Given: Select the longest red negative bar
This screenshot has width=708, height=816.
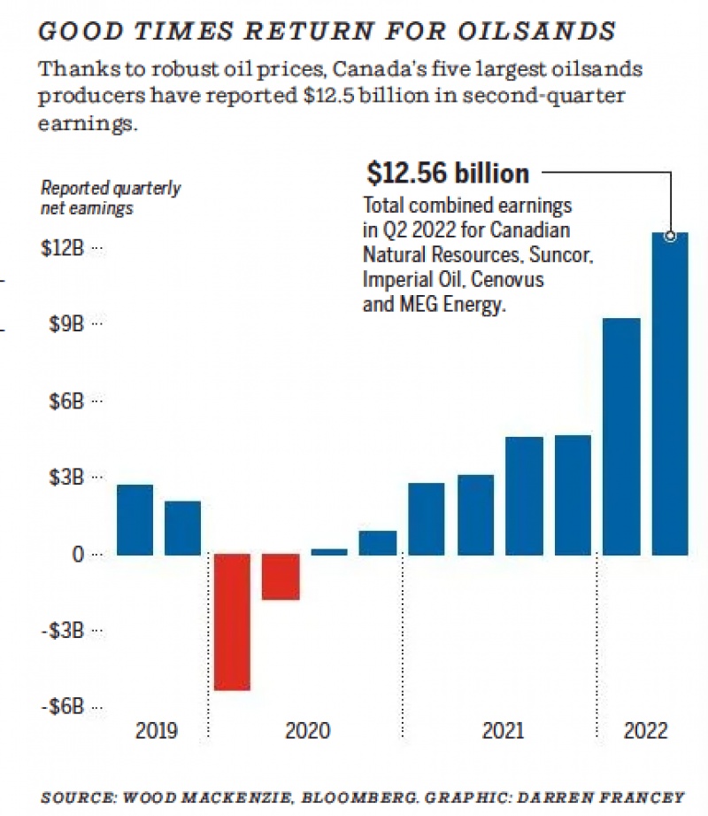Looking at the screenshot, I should [x=232, y=622].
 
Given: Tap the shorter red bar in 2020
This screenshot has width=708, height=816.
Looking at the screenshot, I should [x=281, y=578].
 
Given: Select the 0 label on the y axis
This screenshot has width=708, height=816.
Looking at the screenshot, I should [x=78, y=555].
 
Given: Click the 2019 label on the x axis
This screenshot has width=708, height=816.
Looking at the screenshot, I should [x=157, y=732].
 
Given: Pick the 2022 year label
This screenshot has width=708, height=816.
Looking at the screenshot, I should [x=645, y=732].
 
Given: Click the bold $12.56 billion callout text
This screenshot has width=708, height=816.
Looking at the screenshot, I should [x=447, y=173].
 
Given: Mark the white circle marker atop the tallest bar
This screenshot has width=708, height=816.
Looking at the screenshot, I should [x=671, y=236].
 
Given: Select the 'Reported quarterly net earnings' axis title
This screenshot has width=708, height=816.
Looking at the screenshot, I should [x=111, y=198].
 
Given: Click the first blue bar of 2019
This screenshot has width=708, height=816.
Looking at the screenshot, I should [x=135, y=520].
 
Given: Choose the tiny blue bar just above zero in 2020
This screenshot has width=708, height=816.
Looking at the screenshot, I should [x=329, y=552].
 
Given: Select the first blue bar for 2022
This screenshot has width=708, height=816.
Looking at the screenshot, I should [x=621, y=437].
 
